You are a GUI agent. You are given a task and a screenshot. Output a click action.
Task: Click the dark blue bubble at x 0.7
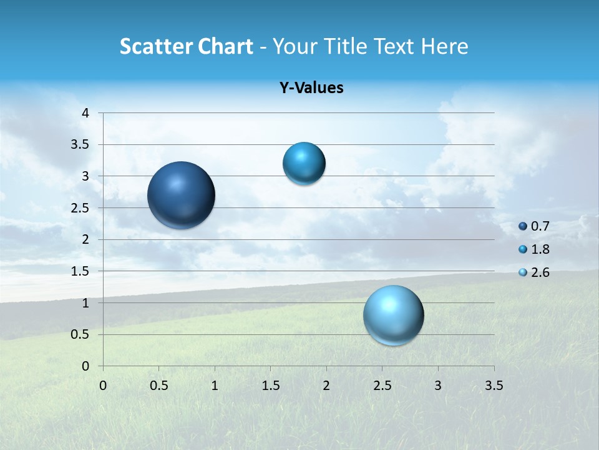[182, 195]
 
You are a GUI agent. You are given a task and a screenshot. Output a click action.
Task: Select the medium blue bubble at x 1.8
[304, 163]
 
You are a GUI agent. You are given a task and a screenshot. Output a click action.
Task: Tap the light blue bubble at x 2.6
[394, 315]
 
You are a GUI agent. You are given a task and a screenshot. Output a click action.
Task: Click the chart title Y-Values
[311, 88]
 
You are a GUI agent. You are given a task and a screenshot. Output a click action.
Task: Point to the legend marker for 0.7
[523, 226]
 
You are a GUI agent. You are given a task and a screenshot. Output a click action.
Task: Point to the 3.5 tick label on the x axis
[494, 386]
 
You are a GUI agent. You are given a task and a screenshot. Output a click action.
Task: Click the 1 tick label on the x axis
[215, 386]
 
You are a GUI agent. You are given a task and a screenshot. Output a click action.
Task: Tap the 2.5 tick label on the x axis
[382, 386]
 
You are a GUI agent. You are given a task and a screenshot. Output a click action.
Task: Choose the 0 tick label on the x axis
[103, 386]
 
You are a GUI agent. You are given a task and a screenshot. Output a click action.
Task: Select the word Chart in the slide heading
[223, 46]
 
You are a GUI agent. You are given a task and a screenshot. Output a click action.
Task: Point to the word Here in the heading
[444, 46]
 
